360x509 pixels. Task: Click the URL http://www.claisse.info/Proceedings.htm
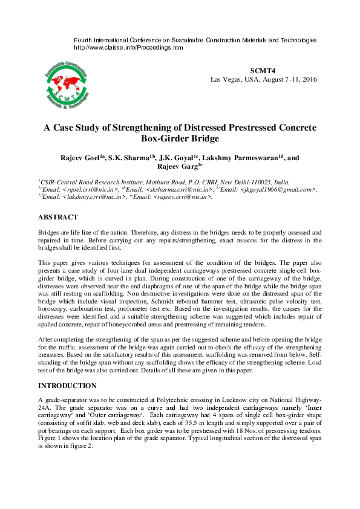[x=128, y=47]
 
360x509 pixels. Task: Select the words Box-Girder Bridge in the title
[x=180, y=138]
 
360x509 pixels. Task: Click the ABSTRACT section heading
[x=57, y=217]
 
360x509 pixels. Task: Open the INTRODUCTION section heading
[x=67, y=385]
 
